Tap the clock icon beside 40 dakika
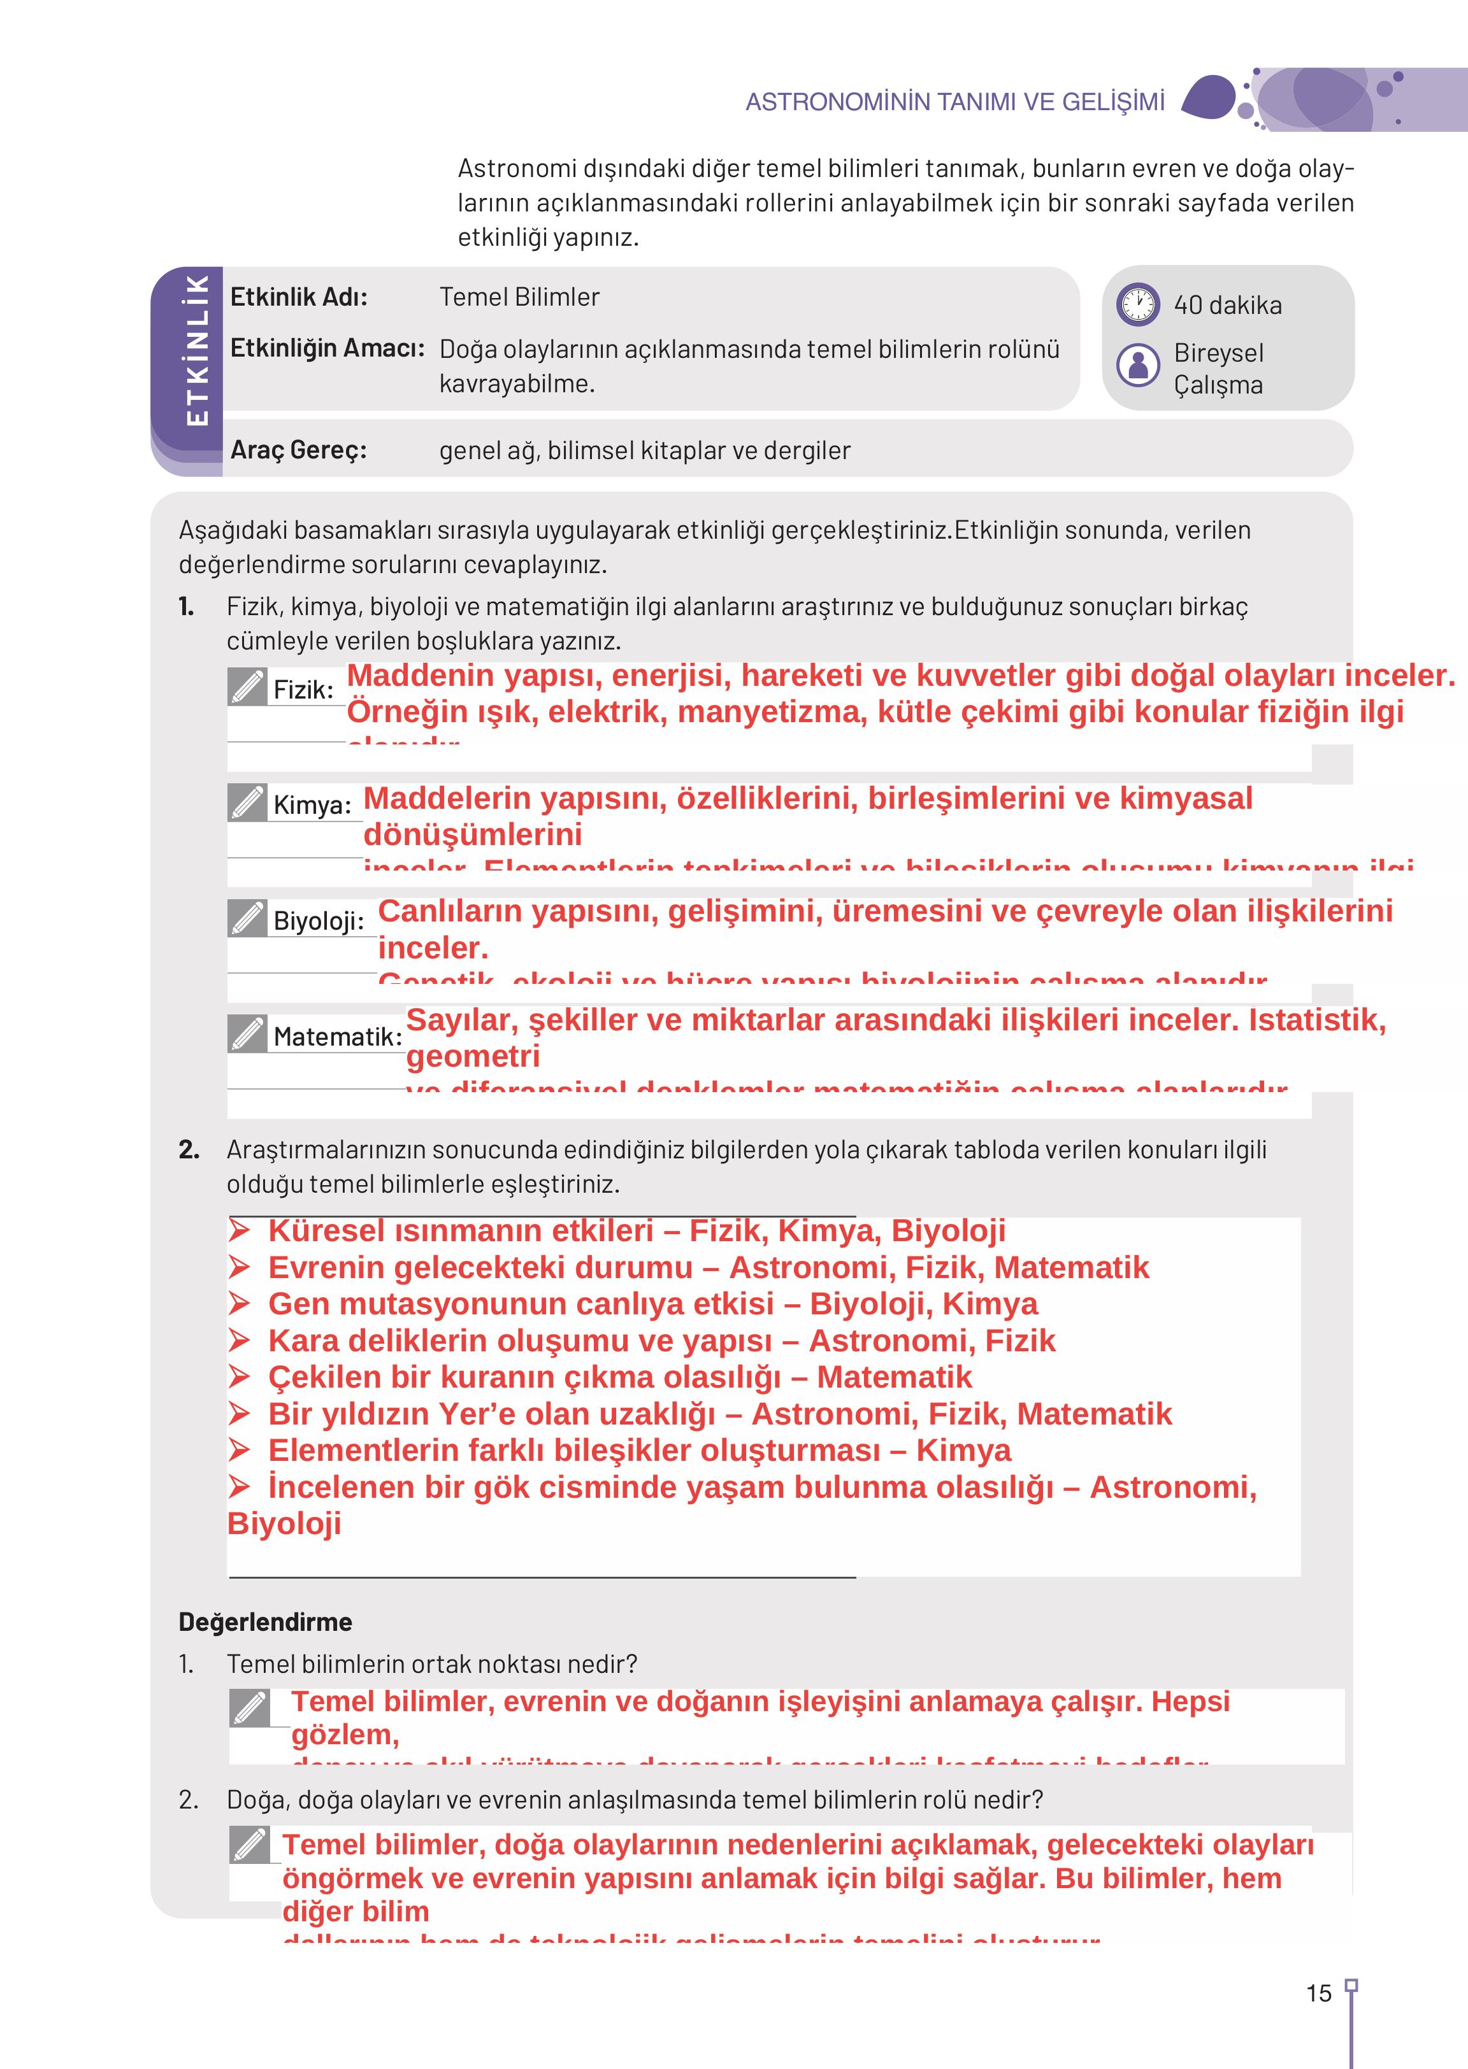[x=1137, y=304]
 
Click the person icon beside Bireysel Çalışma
[x=1137, y=365]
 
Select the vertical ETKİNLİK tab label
[x=196, y=350]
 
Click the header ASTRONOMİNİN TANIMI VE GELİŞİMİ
[x=954, y=102]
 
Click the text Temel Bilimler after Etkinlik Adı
[x=519, y=297]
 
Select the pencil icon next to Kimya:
[x=247, y=802]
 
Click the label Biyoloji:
[x=318, y=921]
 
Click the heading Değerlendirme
[x=265, y=1622]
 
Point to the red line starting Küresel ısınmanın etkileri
[x=637, y=1230]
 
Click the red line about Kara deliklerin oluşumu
[x=661, y=1340]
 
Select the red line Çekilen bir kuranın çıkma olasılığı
[x=619, y=1377]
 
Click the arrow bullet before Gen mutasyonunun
[x=239, y=1304]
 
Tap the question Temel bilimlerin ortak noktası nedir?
[x=432, y=1663]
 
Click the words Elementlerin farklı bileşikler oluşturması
[x=574, y=1450]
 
